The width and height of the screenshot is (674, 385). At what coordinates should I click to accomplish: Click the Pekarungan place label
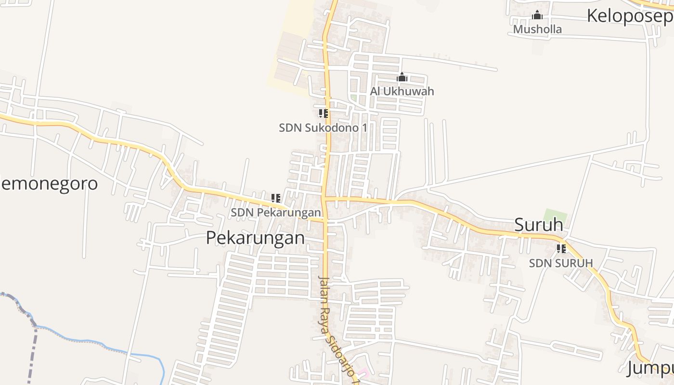(255, 238)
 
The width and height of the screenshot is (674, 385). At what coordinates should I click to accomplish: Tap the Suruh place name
(539, 224)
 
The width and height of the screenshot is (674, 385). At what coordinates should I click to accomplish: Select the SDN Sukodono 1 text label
(323, 128)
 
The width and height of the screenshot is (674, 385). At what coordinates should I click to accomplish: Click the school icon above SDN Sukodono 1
(323, 114)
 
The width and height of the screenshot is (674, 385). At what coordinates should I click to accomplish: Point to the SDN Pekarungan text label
(275, 212)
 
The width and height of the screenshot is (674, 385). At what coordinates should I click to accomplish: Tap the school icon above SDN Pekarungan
(275, 198)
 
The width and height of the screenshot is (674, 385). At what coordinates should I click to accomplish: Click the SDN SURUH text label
(561, 263)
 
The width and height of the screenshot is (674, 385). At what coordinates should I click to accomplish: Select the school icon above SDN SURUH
(561, 249)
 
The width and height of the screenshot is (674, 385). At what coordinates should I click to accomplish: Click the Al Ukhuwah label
(402, 91)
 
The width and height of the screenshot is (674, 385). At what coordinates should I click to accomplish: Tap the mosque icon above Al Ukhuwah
(402, 77)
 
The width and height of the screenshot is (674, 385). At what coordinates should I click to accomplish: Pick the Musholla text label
(537, 29)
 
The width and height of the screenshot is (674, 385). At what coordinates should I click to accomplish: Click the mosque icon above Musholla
(537, 15)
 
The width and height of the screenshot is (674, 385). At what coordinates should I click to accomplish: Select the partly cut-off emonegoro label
(49, 183)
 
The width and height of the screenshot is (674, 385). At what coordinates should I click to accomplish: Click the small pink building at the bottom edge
(364, 372)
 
